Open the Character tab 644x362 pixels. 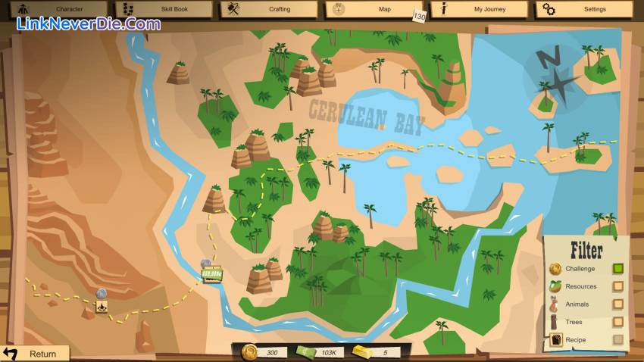pos(57,9)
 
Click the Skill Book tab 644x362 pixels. pos(162,9)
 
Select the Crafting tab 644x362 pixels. pos(268,9)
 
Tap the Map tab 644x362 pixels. pos(374,9)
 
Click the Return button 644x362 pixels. pos(34,354)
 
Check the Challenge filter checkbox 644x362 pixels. pos(618,268)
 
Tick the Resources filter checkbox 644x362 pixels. pos(618,286)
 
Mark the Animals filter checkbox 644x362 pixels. pos(618,304)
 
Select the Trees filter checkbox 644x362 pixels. pos(618,323)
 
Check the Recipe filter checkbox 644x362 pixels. pos(618,341)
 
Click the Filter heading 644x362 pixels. pos(586,250)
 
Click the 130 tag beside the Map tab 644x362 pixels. pos(419,17)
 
